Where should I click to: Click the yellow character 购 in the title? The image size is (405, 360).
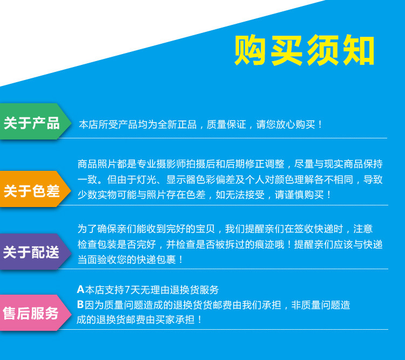click(x=250, y=50)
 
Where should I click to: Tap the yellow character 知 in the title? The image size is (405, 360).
click(x=359, y=50)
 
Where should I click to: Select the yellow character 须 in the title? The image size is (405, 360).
click(x=322, y=50)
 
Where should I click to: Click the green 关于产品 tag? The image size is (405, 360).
click(x=36, y=122)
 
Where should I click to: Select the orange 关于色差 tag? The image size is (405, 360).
click(x=36, y=189)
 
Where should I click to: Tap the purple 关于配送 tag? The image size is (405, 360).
click(x=36, y=252)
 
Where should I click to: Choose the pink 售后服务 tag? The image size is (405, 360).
click(x=36, y=312)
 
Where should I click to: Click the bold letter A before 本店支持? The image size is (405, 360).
click(x=80, y=289)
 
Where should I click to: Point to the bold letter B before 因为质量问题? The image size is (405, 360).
click(x=80, y=304)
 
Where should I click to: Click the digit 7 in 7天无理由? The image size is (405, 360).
click(x=127, y=290)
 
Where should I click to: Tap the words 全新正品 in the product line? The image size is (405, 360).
click(x=177, y=124)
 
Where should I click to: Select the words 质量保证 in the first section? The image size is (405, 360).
click(x=226, y=124)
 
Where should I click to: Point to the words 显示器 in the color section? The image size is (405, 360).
click(x=181, y=179)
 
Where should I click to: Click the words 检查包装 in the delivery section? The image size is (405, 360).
click(x=97, y=244)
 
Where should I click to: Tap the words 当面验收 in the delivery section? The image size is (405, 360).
click(x=97, y=259)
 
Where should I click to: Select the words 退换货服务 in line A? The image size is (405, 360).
click(x=194, y=290)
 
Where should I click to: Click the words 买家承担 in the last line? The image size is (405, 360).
click(x=175, y=319)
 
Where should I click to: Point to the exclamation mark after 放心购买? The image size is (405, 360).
click(x=320, y=124)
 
